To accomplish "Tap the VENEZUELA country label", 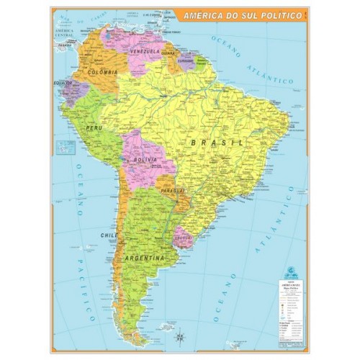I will (145, 51).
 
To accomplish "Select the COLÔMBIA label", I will (102, 73).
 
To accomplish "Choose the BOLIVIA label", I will (144, 159).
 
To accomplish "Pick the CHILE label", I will (109, 235).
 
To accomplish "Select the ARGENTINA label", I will (145, 257).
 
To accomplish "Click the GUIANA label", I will (168, 53).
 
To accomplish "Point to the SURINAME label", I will (186, 60).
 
